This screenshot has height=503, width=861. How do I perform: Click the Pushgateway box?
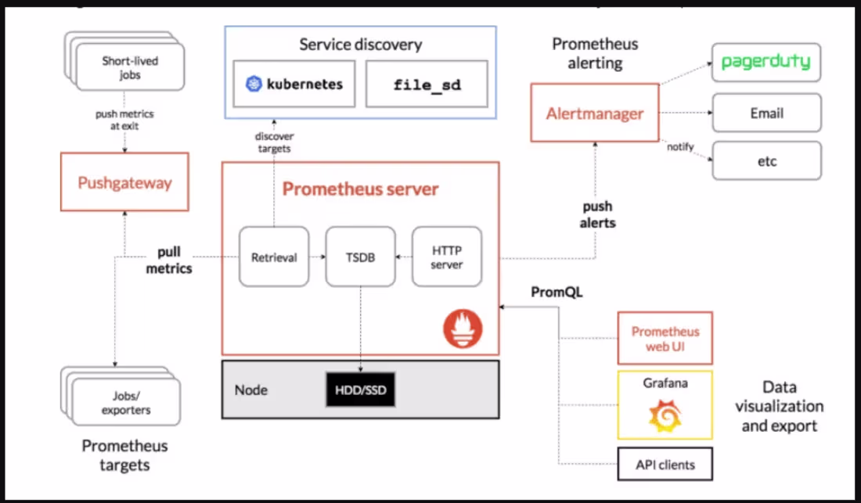[124, 182]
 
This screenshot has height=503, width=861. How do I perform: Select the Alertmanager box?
[594, 113]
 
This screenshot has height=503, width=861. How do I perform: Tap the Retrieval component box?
[274, 256]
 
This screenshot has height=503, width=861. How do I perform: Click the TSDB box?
[360, 256]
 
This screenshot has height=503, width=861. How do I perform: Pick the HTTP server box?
[447, 256]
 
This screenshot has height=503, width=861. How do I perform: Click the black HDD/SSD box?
[360, 390]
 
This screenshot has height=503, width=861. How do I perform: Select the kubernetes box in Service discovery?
[295, 84]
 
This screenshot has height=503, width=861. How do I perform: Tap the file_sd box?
[427, 84]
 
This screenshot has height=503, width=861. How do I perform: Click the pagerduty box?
[766, 63]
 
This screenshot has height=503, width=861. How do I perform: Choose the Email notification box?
[766, 113]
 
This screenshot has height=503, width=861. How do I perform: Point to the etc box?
[766, 160]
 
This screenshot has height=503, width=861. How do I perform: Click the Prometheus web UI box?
[665, 338]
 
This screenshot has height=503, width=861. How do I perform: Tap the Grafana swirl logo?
[665, 415]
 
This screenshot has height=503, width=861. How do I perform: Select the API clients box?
[665, 464]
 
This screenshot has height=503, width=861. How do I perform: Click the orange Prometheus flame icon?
[463, 329]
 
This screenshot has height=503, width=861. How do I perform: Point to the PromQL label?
[557, 292]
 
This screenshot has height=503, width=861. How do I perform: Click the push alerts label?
[597, 214]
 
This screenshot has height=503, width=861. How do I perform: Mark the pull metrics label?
[169, 260]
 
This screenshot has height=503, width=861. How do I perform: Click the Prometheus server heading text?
[360, 189]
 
